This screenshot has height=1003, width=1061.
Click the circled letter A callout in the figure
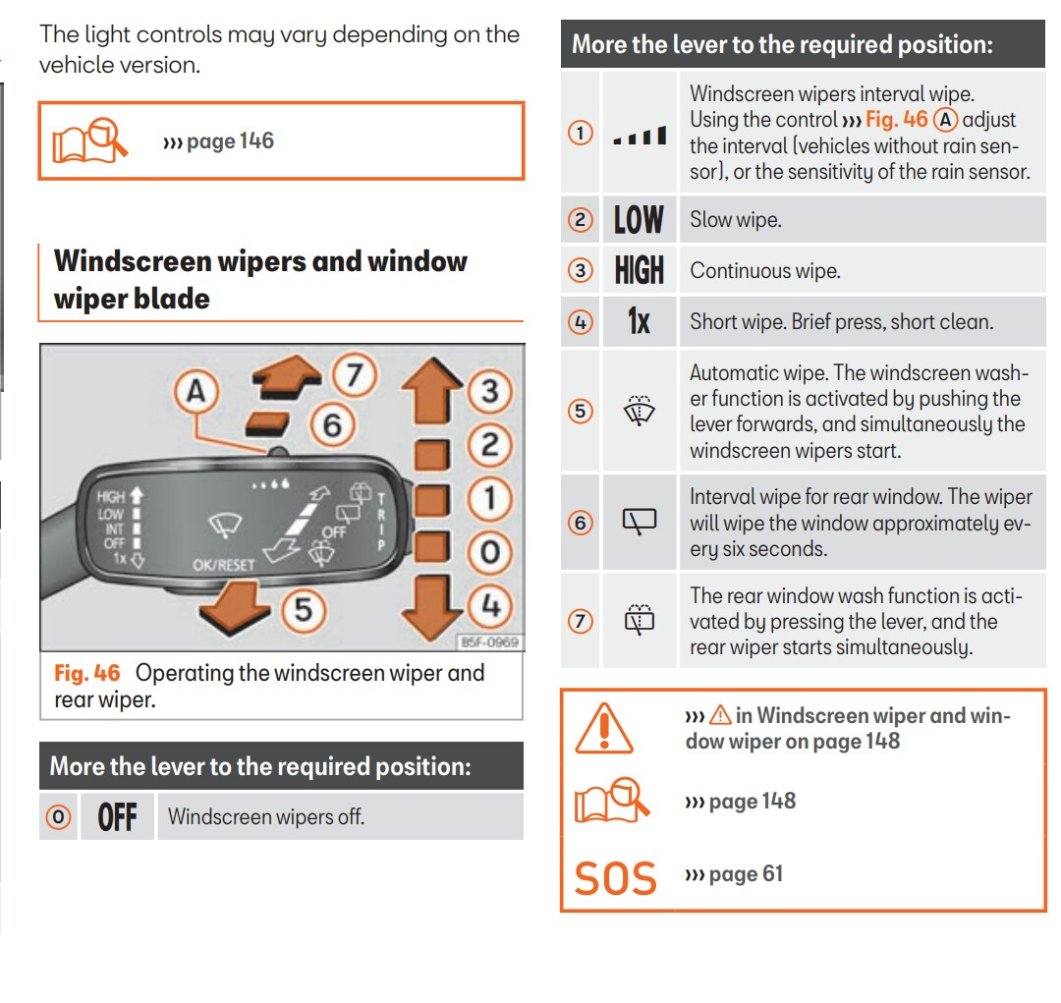point(196,393)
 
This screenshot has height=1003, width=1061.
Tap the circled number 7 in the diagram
point(355,375)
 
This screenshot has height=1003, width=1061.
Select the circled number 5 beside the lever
point(304,610)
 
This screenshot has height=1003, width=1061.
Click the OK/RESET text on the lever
point(224,566)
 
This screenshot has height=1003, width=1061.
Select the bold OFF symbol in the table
point(117,817)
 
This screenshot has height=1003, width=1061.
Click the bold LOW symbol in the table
point(639,220)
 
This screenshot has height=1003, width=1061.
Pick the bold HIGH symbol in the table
point(639,271)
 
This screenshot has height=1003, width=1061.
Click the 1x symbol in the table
point(639,321)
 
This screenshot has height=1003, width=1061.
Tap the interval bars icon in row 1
point(639,136)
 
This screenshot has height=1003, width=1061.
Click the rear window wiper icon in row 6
point(639,523)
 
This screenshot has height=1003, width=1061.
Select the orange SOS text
point(615,877)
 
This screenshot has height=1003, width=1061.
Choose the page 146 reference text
point(219,141)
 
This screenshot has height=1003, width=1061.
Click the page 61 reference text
point(734,874)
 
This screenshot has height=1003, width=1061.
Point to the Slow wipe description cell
point(736,220)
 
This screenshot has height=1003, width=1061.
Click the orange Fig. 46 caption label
point(86,674)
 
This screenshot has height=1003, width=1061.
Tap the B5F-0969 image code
point(488,642)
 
